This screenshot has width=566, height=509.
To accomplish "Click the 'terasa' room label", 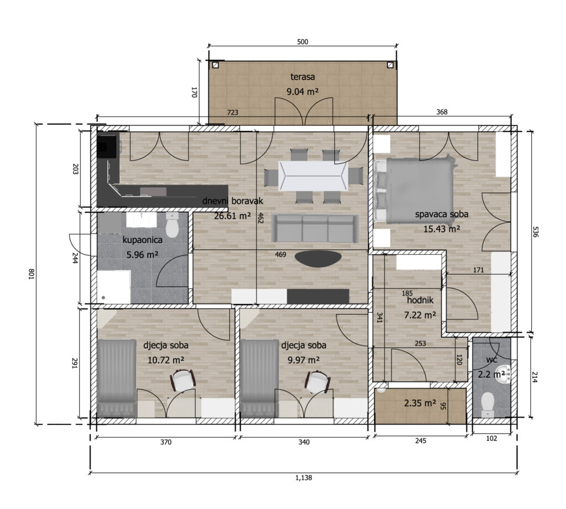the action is click(x=302, y=77).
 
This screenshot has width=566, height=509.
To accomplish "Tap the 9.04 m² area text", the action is click(x=302, y=92).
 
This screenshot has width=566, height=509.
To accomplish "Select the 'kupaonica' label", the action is click(x=142, y=240).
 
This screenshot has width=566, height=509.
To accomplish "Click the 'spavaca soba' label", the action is click(x=442, y=214).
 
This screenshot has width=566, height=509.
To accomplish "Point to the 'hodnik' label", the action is click(x=420, y=300).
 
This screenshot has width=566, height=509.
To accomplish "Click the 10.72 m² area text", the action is click(x=166, y=360).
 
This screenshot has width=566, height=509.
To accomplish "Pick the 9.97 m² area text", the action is click(x=303, y=360).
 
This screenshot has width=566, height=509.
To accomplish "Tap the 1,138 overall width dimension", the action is click(x=303, y=477).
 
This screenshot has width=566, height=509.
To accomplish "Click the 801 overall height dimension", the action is click(x=31, y=275).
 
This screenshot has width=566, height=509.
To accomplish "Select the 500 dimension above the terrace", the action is click(x=302, y=42).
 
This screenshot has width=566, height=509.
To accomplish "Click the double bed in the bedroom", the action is click(x=415, y=190).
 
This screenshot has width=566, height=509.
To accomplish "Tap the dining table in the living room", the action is click(x=313, y=176).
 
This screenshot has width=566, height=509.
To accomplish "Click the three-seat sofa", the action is click(x=315, y=228).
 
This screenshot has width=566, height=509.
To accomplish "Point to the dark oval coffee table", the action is click(x=318, y=259).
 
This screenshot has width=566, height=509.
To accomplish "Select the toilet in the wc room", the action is click(x=488, y=405).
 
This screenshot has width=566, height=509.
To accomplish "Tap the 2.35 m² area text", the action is click(x=420, y=403).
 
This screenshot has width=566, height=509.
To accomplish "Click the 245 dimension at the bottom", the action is click(x=421, y=440).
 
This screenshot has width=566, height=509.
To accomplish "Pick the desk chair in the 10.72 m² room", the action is click(x=183, y=380).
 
